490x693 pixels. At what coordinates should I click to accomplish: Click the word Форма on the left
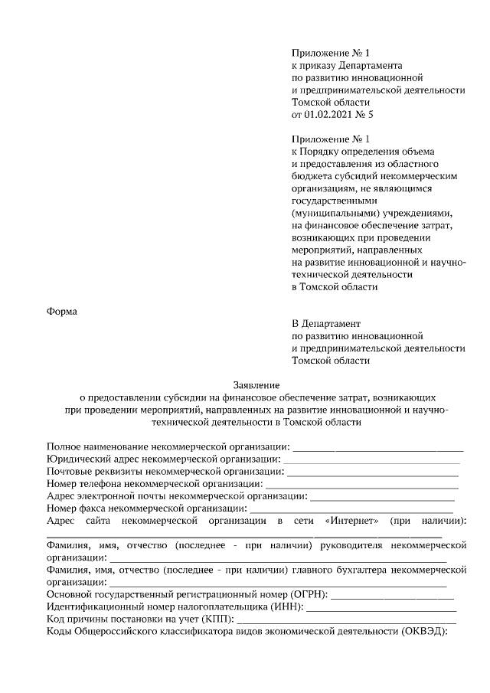[63, 311]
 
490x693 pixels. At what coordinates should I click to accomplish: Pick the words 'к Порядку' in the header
[317, 152]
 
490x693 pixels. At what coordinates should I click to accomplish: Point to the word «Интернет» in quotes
[352, 521]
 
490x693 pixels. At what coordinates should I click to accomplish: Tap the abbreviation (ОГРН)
[308, 594]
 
